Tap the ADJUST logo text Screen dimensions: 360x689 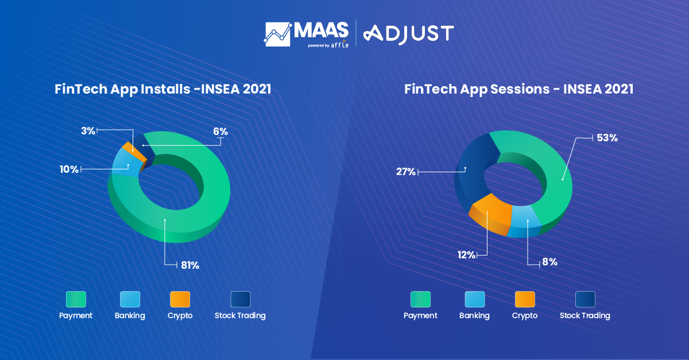pyautogui.click(x=409, y=33)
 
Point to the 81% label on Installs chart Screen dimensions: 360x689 pyautogui.click(x=189, y=265)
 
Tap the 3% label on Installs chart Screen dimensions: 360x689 pyautogui.click(x=88, y=131)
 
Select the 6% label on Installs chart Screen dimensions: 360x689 pyautogui.click(x=220, y=131)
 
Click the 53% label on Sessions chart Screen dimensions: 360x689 pyautogui.click(x=607, y=138)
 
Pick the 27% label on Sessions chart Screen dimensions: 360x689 pyautogui.click(x=406, y=171)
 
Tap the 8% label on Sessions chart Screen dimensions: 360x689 pyautogui.click(x=549, y=262)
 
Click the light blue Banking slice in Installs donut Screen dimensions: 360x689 pyautogui.click(x=122, y=162)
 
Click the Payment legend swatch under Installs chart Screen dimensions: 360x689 pyautogui.click(x=76, y=299)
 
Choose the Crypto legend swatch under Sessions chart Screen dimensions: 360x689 pyautogui.click(x=525, y=299)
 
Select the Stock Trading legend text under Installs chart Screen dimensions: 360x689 pyautogui.click(x=240, y=315)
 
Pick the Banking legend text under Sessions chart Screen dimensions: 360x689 pyautogui.click(x=474, y=315)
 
